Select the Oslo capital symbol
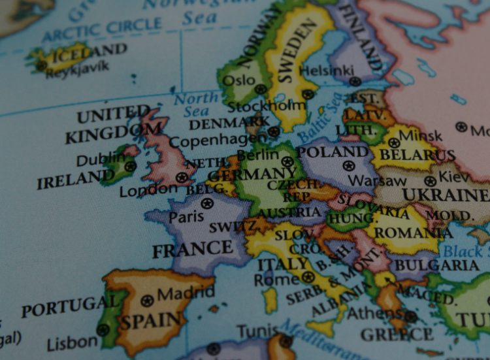point(261,89)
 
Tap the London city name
point(148,190)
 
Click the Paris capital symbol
point(207,203)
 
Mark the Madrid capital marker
point(148,301)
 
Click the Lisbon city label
point(72,341)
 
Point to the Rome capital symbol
point(308,277)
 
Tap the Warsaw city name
point(377,180)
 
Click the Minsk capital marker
point(394,142)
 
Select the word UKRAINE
point(444,195)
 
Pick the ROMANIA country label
point(414,231)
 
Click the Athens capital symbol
point(410,317)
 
